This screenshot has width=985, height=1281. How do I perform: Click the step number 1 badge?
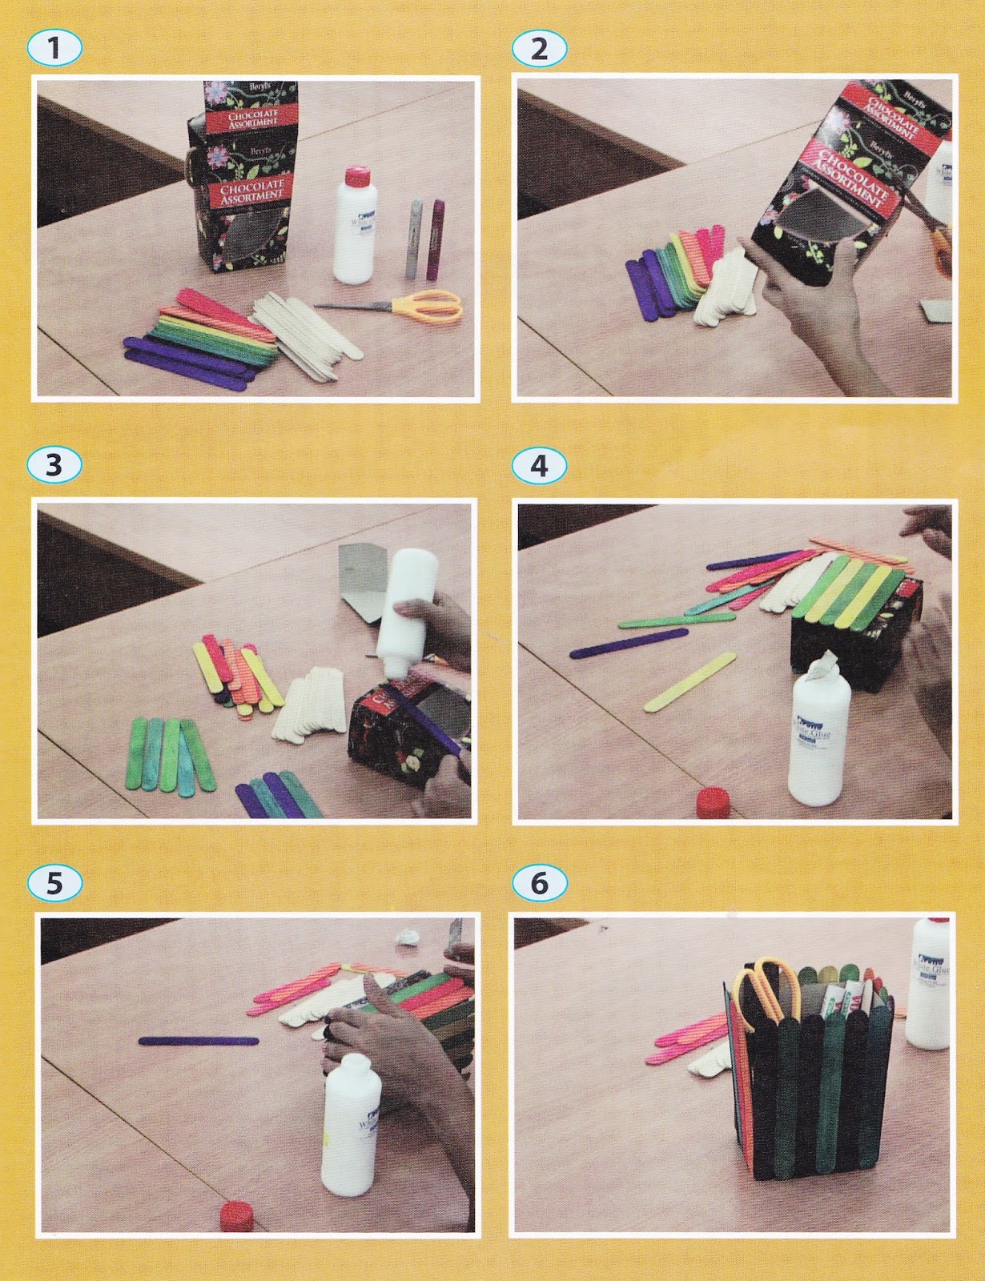pyautogui.click(x=54, y=48)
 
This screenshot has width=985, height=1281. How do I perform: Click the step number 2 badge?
pyautogui.click(x=539, y=48)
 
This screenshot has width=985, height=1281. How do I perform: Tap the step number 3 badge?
pyautogui.click(x=54, y=465)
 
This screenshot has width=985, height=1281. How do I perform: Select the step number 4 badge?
pyautogui.click(x=539, y=465)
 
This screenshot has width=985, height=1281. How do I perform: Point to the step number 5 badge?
pyautogui.click(x=54, y=882)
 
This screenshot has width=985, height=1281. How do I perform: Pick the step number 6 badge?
pyautogui.click(x=539, y=882)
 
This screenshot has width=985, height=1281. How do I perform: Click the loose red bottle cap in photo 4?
pyautogui.click(x=710, y=801)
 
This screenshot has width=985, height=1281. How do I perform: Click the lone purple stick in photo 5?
pyautogui.click(x=199, y=1041)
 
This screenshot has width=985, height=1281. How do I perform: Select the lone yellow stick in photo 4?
pyautogui.click(x=690, y=681)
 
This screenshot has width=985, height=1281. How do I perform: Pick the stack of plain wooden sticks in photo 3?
pyautogui.click(x=308, y=705)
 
